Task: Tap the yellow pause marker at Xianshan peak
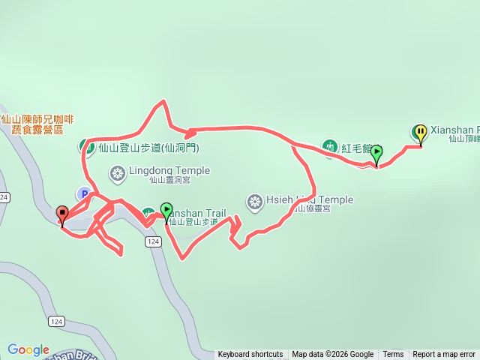coord(420,133)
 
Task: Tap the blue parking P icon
coord(84,193)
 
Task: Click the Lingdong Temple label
coord(169,170)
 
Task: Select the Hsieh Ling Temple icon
coord(254,201)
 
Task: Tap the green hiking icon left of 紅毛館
coord(328,145)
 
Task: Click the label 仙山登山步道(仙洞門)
coord(148,148)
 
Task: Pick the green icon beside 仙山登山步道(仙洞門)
coord(87,146)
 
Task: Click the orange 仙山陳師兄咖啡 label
coord(37,118)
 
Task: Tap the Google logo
coord(28,349)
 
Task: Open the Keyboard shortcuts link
coord(250,355)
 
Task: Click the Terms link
coord(393,355)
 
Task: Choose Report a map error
coord(444,355)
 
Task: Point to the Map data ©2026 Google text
coord(333,355)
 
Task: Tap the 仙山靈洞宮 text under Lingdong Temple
coord(169,180)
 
